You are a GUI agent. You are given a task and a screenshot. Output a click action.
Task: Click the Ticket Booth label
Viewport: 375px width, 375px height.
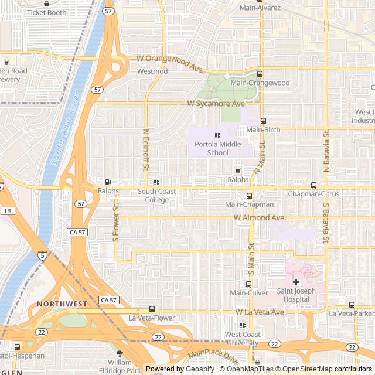(46, 12)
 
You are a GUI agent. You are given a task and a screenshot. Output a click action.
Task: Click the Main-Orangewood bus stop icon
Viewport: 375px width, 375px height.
(260, 74)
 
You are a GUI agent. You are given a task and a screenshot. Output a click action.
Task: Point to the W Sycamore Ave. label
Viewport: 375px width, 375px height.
(217, 104)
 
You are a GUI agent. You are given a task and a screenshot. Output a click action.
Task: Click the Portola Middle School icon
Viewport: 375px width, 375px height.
(217, 135)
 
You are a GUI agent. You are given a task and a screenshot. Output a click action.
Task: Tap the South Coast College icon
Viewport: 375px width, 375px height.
(156, 182)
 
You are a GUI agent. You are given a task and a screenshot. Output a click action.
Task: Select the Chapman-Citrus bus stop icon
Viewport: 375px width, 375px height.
(313, 185)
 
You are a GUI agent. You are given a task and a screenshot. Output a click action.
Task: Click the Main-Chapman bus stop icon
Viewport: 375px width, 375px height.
(249, 196)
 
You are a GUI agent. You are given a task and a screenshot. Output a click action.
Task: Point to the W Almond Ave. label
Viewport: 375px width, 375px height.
(260, 218)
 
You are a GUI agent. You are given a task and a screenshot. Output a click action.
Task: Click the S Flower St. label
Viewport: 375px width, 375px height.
(117, 223)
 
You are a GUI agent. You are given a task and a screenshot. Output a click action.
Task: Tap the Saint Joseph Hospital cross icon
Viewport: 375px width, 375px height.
(296, 282)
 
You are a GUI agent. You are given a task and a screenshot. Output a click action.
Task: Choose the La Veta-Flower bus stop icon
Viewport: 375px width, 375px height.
(152, 309)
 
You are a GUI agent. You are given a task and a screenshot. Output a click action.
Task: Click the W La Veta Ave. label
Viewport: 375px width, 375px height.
(260, 313)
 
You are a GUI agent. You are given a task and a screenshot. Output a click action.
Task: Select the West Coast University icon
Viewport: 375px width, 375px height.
(242, 325)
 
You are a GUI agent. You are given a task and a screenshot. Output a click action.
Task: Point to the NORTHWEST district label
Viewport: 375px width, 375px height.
(62, 304)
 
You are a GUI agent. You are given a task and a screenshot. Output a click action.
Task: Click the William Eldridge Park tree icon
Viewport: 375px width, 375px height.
(120, 353)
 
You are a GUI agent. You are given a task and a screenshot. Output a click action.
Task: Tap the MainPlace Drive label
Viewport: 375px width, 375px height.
(214, 355)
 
